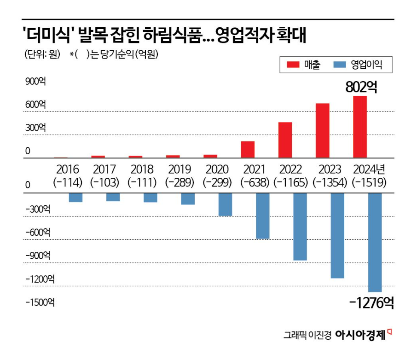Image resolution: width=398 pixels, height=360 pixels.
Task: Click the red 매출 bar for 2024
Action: pyautogui.click(x=360, y=127)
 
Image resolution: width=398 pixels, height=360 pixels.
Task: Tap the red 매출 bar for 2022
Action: pyautogui.click(x=285, y=140)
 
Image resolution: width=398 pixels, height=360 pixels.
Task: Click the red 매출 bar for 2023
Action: pyautogui.click(x=322, y=131)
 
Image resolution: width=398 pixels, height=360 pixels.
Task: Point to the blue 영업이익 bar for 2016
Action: pyautogui.click(x=76, y=198)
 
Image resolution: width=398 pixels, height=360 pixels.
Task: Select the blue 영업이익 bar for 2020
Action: pyautogui.click(x=225, y=204)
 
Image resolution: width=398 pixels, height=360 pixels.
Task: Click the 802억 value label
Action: pyautogui.click(x=361, y=87)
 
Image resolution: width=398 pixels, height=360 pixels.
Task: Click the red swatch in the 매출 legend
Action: pyautogui.click(x=293, y=65)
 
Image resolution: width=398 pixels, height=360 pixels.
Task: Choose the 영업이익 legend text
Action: pyautogui.click(x=366, y=65)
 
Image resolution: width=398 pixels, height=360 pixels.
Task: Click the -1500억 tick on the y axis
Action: pyautogui.click(x=40, y=302)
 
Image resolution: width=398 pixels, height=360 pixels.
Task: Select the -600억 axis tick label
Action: pyautogui.click(x=37, y=232)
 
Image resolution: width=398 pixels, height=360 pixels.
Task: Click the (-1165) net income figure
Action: pyautogui.click(x=292, y=182)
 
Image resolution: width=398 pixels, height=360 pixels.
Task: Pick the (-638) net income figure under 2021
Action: pyautogui.click(x=255, y=182)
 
